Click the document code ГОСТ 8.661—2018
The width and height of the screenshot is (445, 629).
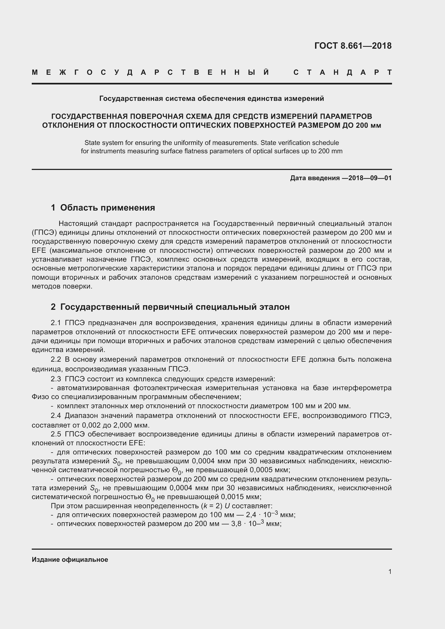coord(353,46)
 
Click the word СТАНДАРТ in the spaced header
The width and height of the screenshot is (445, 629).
coord(342,73)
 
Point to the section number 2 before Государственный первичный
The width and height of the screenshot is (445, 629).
coord(53,307)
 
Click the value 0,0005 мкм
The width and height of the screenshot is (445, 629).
coord(270,470)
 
